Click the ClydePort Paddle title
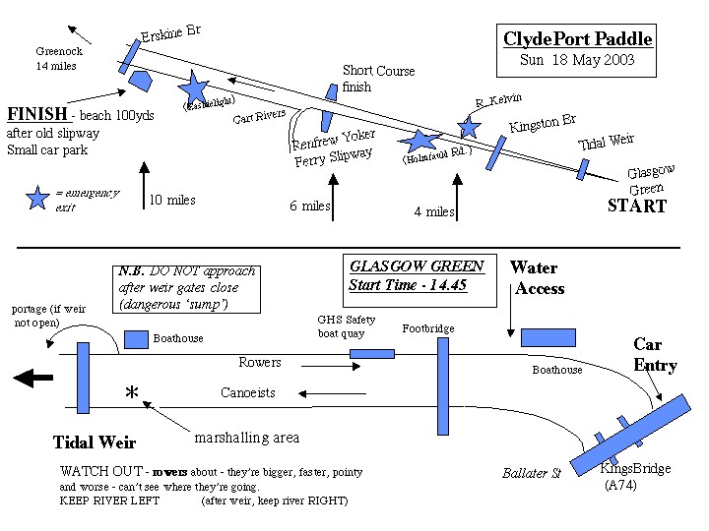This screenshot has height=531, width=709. click(x=578, y=39)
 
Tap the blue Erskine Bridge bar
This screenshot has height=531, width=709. click(x=131, y=53)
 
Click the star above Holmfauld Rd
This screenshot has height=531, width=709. click(x=421, y=142)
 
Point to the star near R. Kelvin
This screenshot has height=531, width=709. click(x=470, y=126)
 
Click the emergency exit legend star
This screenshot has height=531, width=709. click(x=38, y=198)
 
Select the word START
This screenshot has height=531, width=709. click(x=636, y=206)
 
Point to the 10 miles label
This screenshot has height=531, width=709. click(x=172, y=201)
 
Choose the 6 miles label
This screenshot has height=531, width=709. click(x=309, y=206)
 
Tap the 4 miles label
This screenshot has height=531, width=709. click(x=434, y=211)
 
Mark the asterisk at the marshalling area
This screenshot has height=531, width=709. click(x=131, y=393)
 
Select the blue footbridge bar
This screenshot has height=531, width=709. click(x=442, y=385)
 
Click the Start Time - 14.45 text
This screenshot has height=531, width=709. click(x=407, y=285)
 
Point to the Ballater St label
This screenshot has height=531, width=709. click(x=532, y=473)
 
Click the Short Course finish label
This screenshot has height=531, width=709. click(x=378, y=79)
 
